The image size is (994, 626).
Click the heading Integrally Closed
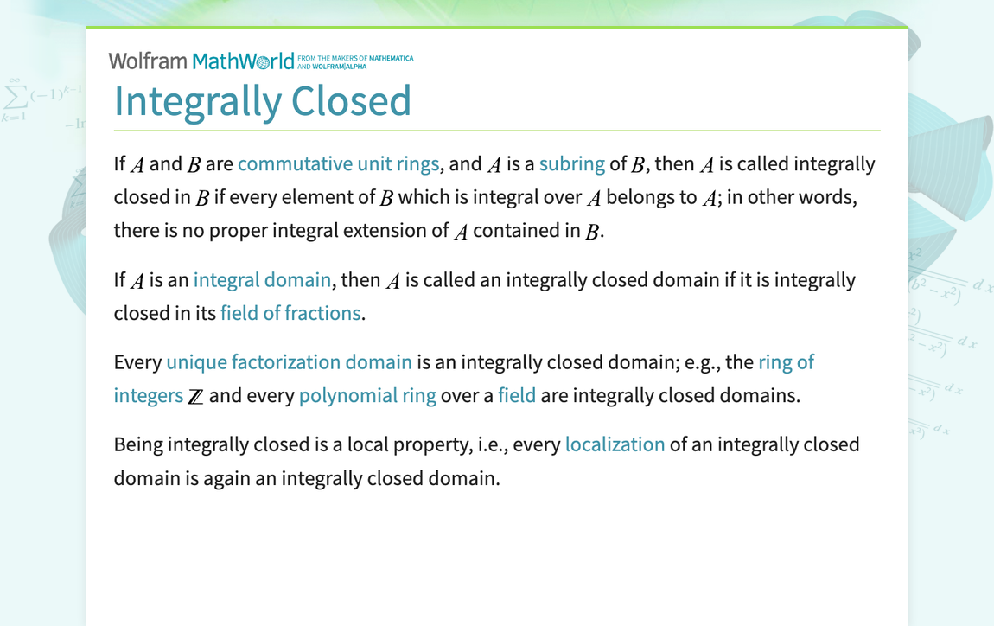tap(262, 100)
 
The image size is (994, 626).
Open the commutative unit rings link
tap(338, 164)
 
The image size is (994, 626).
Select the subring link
tap(571, 164)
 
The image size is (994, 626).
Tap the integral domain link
tap(262, 280)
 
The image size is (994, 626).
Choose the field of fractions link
tap(290, 313)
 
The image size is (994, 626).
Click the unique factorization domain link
tap(289, 361)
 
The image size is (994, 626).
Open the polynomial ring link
tap(367, 396)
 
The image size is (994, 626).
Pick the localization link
tap(615, 444)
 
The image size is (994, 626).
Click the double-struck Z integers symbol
tap(196, 397)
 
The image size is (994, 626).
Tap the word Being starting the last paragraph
tap(138, 444)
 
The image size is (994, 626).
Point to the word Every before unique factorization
tap(137, 361)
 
